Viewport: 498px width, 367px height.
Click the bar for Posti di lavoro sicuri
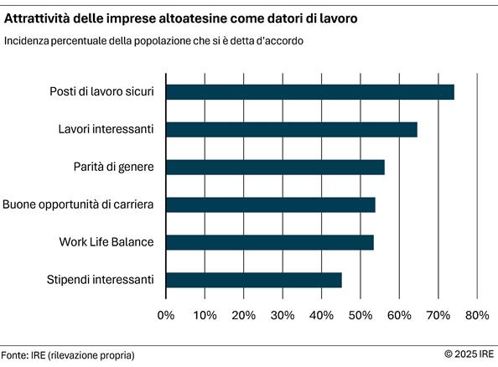point(309,91)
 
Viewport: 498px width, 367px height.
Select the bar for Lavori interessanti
point(291,129)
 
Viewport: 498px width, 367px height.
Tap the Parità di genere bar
point(274,167)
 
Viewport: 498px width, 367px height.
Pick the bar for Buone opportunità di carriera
point(270,204)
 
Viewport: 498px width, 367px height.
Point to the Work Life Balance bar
point(269,242)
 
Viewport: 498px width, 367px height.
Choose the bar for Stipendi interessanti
point(253,280)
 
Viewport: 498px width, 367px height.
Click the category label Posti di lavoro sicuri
point(101,91)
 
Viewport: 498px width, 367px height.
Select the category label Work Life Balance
point(106,242)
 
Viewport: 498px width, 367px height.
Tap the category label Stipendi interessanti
point(101,280)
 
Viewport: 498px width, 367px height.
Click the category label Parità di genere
point(113,167)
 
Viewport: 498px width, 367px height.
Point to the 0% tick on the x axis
point(166,315)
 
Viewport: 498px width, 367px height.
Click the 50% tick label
point(361,315)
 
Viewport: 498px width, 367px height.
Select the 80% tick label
point(477,315)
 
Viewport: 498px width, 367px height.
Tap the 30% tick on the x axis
point(283,315)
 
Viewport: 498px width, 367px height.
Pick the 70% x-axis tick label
point(438,315)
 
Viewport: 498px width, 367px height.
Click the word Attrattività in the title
point(39,17)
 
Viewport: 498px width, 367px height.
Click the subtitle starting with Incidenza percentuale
point(153,41)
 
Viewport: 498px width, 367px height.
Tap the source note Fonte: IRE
point(67,354)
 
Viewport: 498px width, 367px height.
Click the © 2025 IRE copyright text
point(469,354)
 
